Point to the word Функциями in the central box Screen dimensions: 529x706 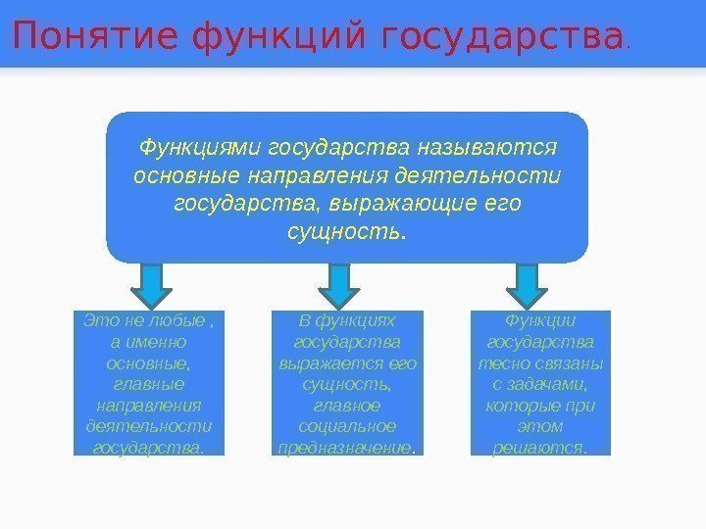point(199,148)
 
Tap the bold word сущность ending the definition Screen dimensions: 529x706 point(345,233)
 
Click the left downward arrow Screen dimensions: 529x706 point(150,283)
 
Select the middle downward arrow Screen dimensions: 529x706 point(339,283)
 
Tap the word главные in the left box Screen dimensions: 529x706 point(149,384)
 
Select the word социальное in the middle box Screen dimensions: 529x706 point(347,426)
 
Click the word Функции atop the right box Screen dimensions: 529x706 point(540,321)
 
